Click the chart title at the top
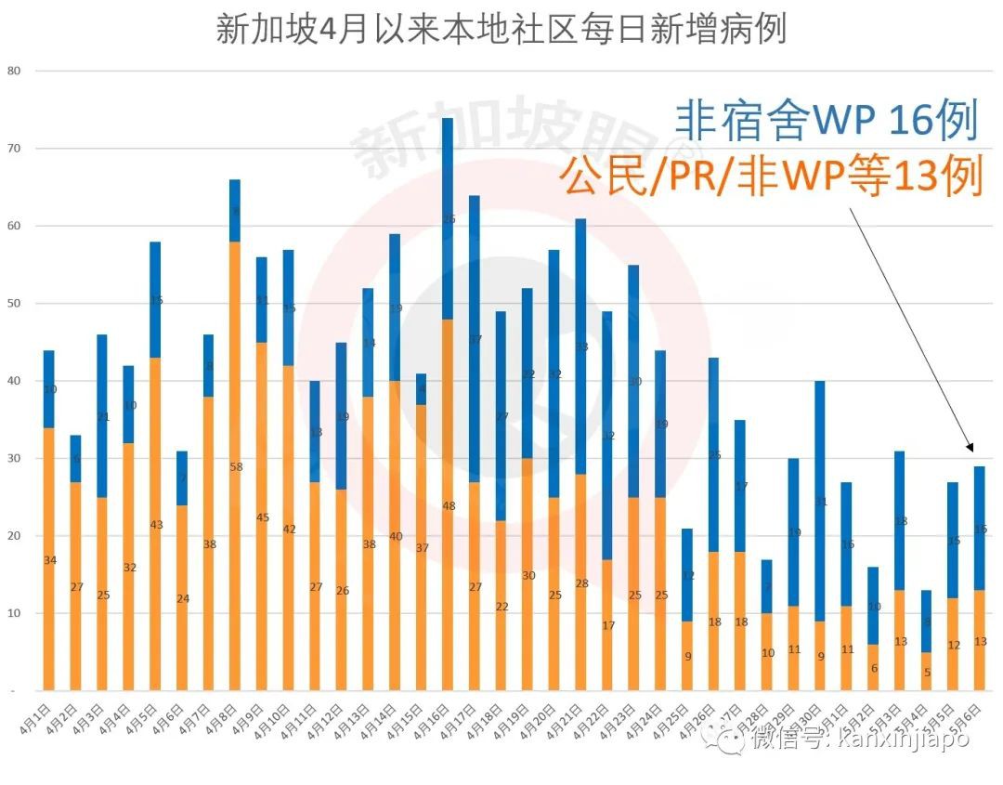[501, 29]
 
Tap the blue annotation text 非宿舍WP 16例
[826, 122]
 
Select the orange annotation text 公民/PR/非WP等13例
[771, 177]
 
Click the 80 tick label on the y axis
[13, 71]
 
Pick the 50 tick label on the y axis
[13, 304]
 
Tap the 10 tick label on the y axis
[13, 614]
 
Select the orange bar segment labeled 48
[448, 506]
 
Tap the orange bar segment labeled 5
[926, 672]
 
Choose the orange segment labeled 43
[156, 525]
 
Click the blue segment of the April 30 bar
[820, 502]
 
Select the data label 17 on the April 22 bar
[607, 625]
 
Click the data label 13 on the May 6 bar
[980, 641]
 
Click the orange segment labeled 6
[873, 668]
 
